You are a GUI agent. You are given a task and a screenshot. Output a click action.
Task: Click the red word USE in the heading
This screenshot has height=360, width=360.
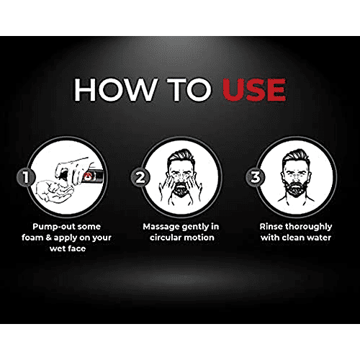point(254,90)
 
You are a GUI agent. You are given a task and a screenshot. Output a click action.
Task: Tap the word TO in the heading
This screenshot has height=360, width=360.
point(189,90)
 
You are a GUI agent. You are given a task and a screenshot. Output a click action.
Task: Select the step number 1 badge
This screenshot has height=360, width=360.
point(25,177)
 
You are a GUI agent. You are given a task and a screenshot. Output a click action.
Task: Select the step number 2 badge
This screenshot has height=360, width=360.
point(140,177)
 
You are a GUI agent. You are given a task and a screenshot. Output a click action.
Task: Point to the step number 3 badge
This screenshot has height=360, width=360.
point(255,177)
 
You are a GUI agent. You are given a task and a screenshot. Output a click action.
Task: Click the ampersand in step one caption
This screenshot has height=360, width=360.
point(49,238)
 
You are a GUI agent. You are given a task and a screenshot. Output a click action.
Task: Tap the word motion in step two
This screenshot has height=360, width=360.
point(199,238)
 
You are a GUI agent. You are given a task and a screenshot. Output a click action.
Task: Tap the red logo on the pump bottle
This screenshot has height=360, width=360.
point(88,176)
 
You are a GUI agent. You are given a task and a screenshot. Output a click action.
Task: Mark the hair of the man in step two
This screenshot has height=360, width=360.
point(179,157)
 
